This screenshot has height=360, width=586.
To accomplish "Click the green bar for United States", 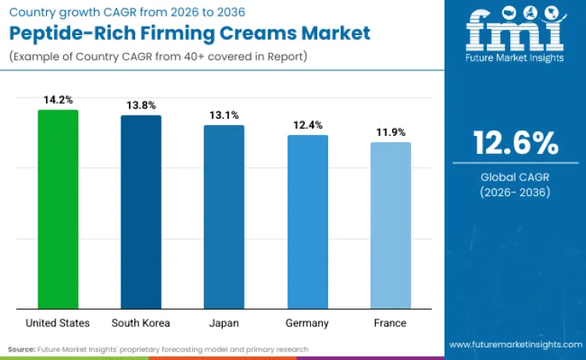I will click(x=58, y=209).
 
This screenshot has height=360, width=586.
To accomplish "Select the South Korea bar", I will click(x=141, y=212).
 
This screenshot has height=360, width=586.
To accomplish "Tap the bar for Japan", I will click(x=223, y=216).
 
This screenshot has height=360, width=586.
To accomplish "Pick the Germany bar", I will click(x=307, y=221).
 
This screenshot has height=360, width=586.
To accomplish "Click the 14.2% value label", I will click(x=58, y=100).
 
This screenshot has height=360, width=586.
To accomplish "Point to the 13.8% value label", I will click(x=141, y=105).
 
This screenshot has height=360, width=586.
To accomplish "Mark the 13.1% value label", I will click(x=223, y=115).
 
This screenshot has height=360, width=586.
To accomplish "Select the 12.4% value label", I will click(x=307, y=125).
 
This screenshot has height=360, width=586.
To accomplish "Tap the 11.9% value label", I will click(x=391, y=132).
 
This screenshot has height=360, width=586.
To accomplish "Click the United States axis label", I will click(x=58, y=323).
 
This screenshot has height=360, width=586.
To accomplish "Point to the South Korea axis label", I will click(x=141, y=323).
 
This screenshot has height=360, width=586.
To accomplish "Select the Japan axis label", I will click(x=223, y=323).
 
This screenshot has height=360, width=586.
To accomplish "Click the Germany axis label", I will click(x=307, y=323).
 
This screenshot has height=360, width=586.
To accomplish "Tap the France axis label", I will click(x=391, y=323).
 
